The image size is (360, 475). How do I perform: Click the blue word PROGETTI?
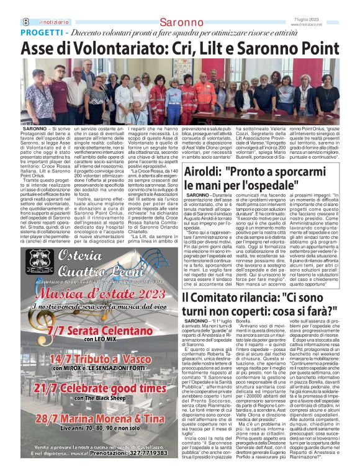click(x=41, y=32)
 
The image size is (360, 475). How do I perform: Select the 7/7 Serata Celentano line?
click(x=99, y=331)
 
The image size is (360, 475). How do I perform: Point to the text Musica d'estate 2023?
click(x=88, y=293)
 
